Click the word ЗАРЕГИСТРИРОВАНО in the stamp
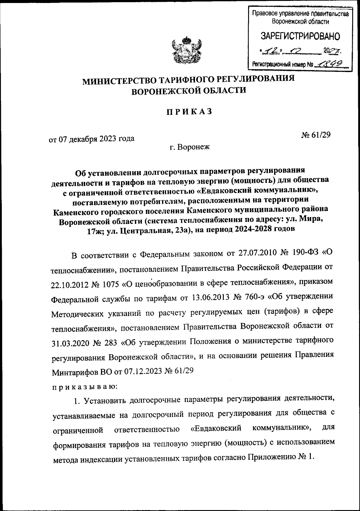pos(300,37)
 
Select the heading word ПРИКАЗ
pos(189,111)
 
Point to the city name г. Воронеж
pos(189,147)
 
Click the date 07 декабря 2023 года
pos(91,138)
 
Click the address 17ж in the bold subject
pos(104,229)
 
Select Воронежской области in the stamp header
pos(300,21)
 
